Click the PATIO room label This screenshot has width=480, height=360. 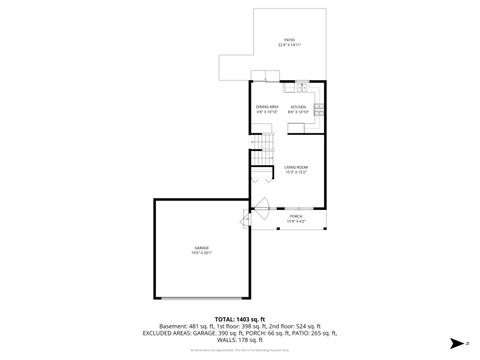click(x=288, y=40)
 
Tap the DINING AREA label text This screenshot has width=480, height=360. click(x=267, y=106)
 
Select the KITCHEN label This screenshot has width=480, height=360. click(x=298, y=106)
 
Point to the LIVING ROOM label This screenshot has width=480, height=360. click(x=295, y=167)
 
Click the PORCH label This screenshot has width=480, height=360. click(x=296, y=216)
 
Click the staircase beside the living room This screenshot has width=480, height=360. click(x=261, y=153)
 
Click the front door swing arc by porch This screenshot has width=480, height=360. click(x=261, y=212)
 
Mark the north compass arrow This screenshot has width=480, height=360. click(x=452, y=343)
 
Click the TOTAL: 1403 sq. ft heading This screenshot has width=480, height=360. click(x=239, y=319)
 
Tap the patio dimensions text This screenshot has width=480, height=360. click(x=288, y=45)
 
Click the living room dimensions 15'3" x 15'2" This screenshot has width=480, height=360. click(x=295, y=172)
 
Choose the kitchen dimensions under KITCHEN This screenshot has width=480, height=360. click(x=298, y=111)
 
